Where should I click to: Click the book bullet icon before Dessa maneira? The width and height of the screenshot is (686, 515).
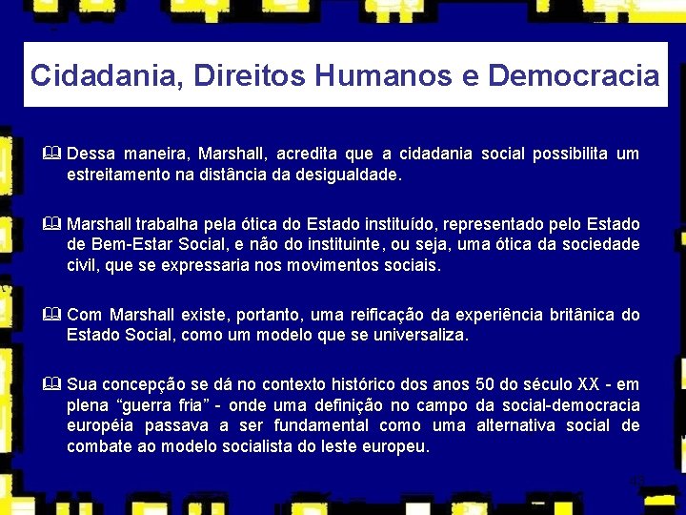pos(52,154)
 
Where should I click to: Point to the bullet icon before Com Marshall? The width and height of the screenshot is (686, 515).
pos(52,315)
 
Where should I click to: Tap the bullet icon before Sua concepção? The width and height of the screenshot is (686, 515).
pos(52,384)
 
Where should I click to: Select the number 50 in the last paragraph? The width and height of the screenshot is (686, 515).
pos(483,384)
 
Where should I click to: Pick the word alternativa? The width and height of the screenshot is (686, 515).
pos(521,425)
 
